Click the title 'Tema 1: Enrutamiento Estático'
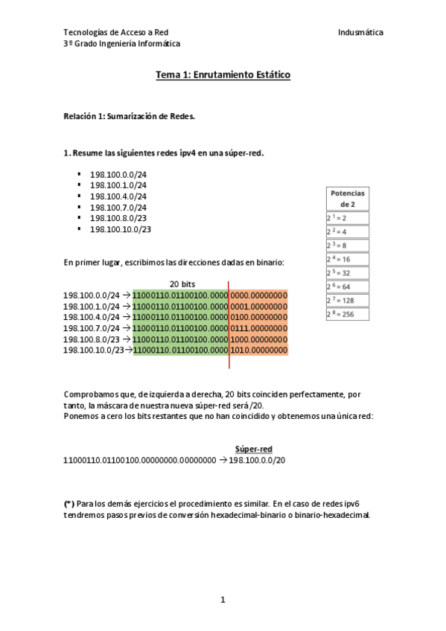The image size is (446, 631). (x=223, y=75)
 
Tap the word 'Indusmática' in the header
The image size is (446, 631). (x=360, y=33)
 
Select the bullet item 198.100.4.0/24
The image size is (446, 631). (x=118, y=196)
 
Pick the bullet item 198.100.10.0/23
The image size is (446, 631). (x=120, y=229)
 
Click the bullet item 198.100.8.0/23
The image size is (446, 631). (x=118, y=219)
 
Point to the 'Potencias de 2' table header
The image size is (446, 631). (x=347, y=198)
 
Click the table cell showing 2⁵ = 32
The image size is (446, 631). (x=347, y=273)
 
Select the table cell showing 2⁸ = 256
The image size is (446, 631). (x=347, y=314)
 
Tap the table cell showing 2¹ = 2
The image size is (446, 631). (x=347, y=218)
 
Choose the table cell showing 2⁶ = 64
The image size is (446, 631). (x=347, y=286)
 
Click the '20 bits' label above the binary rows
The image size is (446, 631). (x=182, y=284)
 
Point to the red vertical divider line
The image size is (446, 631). (x=229, y=327)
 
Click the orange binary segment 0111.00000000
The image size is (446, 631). (x=258, y=327)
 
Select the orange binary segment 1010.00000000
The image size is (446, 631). (x=258, y=349)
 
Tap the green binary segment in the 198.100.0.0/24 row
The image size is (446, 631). (x=179, y=295)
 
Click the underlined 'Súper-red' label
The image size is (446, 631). (x=253, y=449)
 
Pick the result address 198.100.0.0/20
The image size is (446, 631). (x=257, y=461)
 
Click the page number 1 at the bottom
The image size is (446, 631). (x=223, y=600)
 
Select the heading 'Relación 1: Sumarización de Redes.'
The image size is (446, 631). (x=129, y=117)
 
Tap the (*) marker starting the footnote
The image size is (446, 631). (x=69, y=504)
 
